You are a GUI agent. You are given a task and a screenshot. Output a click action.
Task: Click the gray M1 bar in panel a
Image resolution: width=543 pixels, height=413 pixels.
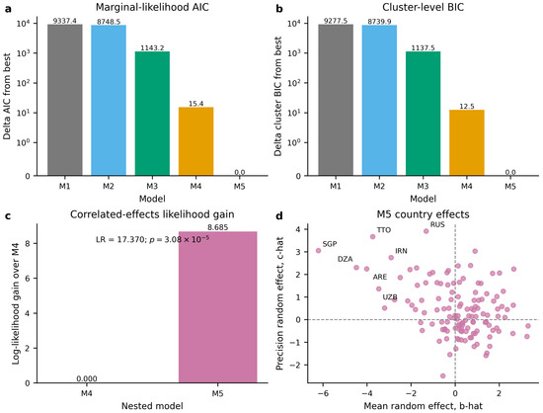(65, 100)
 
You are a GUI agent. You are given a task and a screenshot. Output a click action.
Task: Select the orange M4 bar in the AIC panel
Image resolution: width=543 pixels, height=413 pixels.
(196, 141)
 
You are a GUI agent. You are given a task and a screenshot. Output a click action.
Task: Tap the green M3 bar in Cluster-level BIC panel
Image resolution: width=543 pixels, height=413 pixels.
(423, 114)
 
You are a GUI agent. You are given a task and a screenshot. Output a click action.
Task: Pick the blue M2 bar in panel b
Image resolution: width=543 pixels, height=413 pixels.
(379, 100)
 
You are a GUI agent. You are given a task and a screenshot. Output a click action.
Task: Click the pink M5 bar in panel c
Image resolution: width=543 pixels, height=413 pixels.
(218, 307)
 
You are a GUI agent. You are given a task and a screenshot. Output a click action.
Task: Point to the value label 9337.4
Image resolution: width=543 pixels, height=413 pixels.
(65, 21)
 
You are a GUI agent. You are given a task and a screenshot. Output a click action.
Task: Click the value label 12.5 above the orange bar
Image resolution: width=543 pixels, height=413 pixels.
(466, 106)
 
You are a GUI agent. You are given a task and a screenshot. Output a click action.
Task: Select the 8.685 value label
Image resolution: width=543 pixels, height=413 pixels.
(218, 227)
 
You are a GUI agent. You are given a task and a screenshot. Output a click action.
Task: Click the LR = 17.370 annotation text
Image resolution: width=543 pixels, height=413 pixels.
(120, 239)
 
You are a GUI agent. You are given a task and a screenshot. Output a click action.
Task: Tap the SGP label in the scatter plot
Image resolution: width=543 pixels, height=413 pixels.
(330, 244)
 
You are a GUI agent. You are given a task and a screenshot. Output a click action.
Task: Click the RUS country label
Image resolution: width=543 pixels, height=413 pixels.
(437, 224)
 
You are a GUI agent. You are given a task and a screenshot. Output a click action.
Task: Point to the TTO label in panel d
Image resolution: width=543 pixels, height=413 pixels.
(384, 230)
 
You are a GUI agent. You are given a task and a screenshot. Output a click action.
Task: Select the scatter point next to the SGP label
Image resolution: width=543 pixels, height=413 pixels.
(318, 251)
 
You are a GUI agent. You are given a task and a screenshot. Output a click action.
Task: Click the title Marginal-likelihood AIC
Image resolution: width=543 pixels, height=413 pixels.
(152, 7)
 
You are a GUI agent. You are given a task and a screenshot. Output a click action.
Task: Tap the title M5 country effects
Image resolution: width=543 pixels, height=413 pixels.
(423, 214)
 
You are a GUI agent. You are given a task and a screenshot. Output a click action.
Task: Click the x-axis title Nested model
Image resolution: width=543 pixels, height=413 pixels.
(152, 406)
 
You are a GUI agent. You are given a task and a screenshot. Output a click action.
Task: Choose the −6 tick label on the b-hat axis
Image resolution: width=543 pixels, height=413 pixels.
(323, 393)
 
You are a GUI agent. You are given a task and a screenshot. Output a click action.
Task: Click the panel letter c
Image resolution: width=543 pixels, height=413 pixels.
(7, 215)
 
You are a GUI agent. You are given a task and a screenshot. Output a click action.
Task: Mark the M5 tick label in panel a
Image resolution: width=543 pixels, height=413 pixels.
(239, 187)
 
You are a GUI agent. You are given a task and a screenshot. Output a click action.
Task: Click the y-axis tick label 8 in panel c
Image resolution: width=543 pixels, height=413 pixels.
(28, 243)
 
